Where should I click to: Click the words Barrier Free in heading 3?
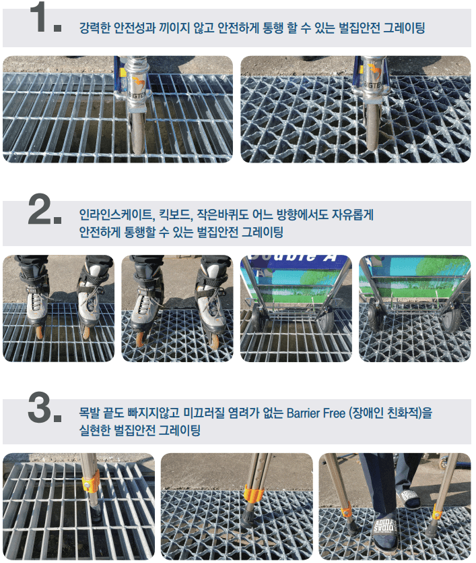[x=316, y=413]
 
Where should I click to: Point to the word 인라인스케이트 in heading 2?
[x=116, y=215]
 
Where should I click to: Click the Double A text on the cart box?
[x=293, y=258]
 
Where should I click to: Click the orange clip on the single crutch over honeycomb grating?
[x=254, y=494]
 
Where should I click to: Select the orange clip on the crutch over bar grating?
[x=90, y=483]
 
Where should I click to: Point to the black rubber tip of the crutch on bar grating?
[x=96, y=511]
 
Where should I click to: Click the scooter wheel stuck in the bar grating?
[x=137, y=134]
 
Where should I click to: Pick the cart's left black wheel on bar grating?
[x=257, y=319]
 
